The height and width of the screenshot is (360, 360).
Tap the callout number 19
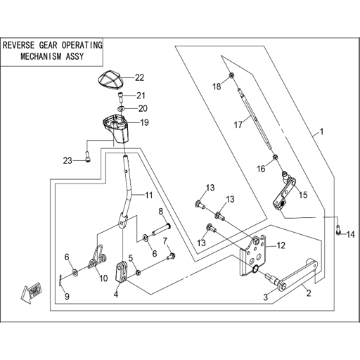click(x=144, y=122)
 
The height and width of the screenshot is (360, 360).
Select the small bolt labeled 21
click(x=120, y=96)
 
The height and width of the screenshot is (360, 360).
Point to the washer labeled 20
click(x=121, y=109)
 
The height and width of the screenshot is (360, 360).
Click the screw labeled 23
click(x=88, y=157)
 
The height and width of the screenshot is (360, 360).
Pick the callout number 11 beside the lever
click(x=149, y=195)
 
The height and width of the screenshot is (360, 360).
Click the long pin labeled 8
click(x=161, y=230)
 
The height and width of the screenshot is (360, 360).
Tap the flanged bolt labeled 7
click(x=170, y=256)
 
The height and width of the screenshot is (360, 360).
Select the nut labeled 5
click(x=139, y=273)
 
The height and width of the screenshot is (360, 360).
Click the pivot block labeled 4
click(x=121, y=273)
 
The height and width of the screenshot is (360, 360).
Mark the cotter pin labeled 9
click(x=60, y=280)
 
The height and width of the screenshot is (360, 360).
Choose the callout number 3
click(x=265, y=297)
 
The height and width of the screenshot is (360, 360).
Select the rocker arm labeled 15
click(x=284, y=191)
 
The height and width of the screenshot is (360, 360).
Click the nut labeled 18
click(x=231, y=75)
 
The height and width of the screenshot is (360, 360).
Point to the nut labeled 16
click(x=276, y=157)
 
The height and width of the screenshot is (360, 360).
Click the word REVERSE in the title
click(x=19, y=45)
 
